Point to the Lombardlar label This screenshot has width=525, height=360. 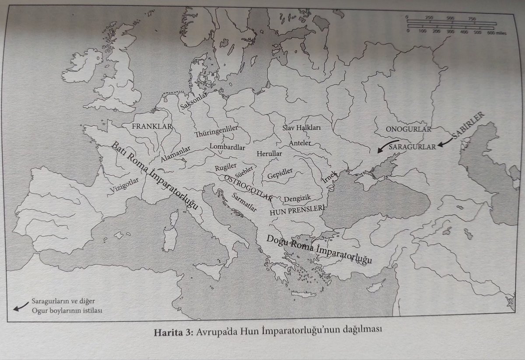[x=227, y=147]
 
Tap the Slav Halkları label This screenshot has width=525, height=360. [x=302, y=128]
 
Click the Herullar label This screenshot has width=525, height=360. [x=269, y=154]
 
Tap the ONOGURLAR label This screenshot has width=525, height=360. [x=409, y=129]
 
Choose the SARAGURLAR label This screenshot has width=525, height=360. [x=412, y=147]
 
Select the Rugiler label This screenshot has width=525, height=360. [x=225, y=167]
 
